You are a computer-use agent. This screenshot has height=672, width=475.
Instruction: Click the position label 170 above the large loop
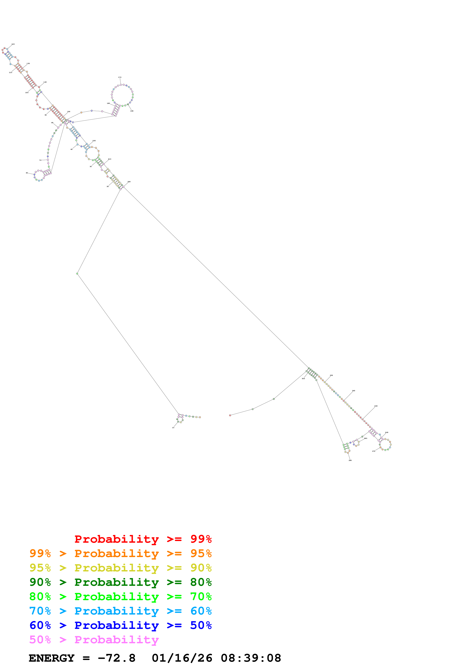(120, 77)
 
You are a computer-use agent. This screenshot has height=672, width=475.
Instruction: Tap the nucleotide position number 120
(13, 44)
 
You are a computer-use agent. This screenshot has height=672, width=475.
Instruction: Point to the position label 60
(27, 173)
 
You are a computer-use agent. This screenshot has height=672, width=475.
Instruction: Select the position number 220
(129, 182)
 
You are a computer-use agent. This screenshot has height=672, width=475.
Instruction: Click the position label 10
(173, 428)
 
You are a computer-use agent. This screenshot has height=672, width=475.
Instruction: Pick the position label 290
(350, 460)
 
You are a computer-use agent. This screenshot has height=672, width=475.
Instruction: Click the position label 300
(303, 379)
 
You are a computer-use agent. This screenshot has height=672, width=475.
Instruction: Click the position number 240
(354, 391)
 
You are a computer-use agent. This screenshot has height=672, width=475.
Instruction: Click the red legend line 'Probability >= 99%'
(143, 539)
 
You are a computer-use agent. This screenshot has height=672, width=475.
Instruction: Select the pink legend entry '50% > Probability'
(94, 640)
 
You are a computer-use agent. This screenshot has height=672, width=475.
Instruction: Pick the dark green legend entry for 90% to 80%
(120, 582)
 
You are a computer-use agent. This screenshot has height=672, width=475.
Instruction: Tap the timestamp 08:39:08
(251, 658)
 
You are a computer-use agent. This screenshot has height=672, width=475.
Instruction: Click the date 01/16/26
(182, 658)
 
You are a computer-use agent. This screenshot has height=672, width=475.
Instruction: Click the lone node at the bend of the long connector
(77, 274)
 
